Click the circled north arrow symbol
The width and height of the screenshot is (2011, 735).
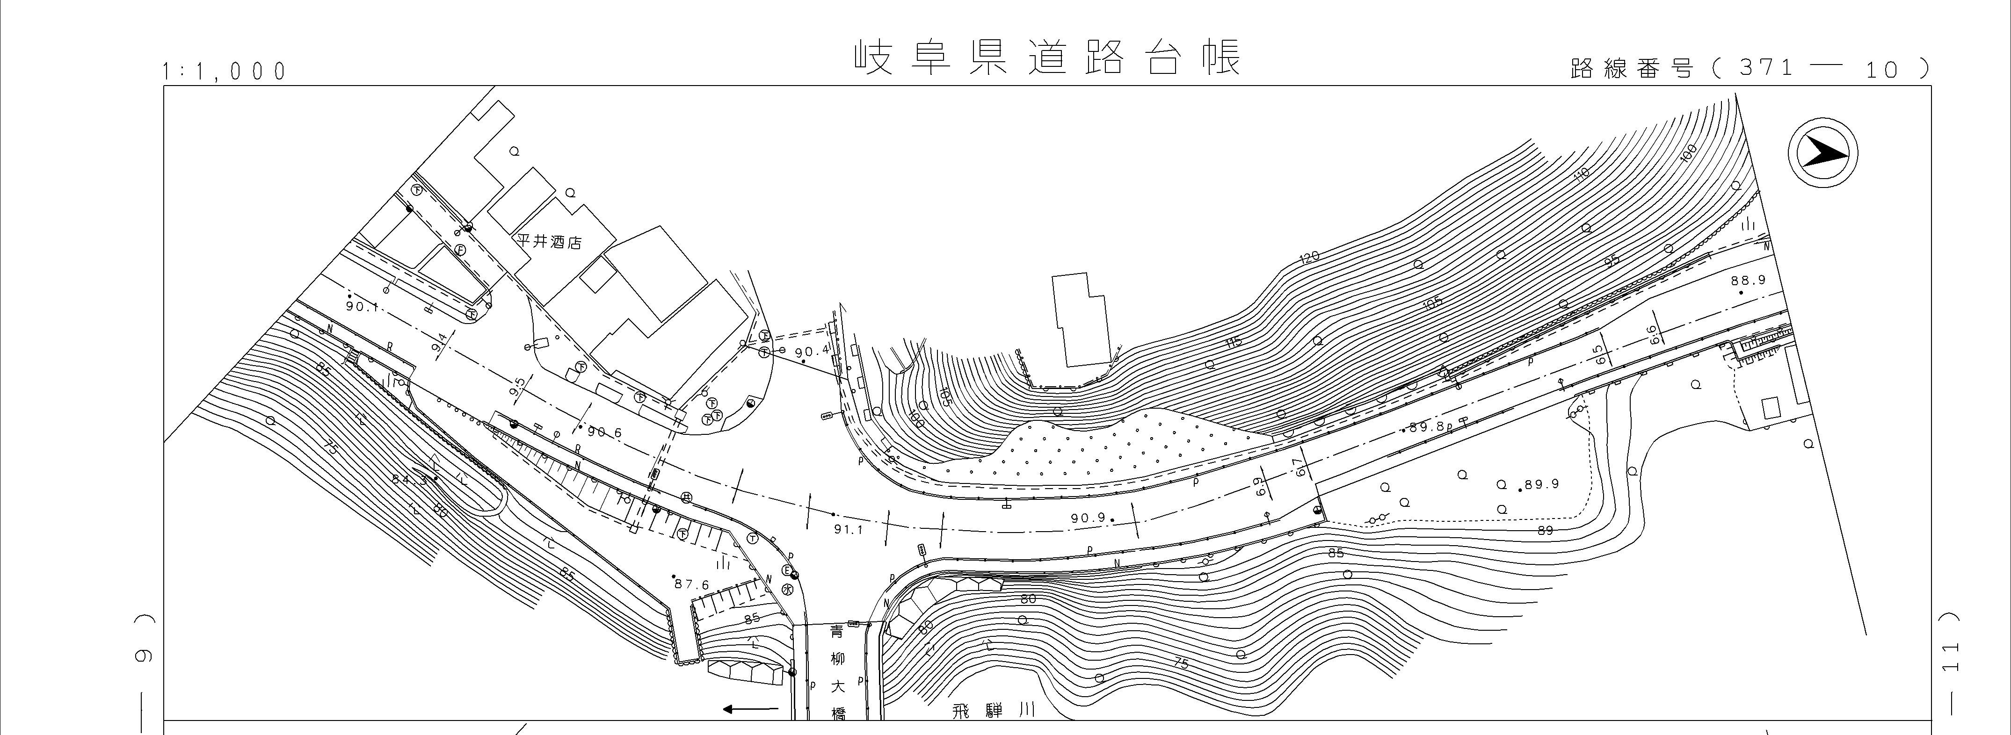[x=1823, y=152]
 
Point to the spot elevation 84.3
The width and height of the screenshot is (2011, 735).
[x=410, y=480]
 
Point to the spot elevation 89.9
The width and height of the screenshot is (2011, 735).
[x=1541, y=484]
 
